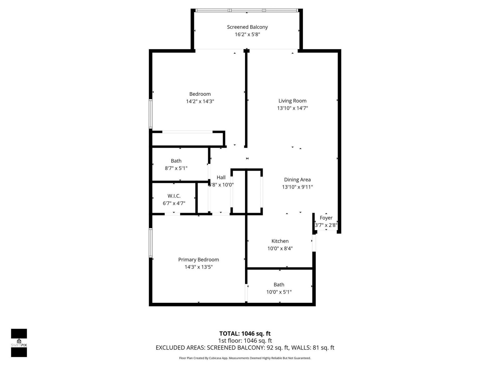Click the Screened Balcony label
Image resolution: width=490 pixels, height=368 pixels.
tap(247, 27)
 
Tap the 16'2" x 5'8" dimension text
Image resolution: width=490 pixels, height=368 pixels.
tap(247, 34)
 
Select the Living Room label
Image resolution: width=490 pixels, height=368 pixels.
tap(292, 101)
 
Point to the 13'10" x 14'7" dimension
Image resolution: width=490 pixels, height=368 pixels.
tap(292, 108)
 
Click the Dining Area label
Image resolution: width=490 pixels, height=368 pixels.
tap(297, 180)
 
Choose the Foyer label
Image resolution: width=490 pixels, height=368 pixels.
tap(326, 218)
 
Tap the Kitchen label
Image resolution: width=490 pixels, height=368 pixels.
tap(280, 241)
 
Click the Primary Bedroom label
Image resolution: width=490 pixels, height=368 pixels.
tap(198, 260)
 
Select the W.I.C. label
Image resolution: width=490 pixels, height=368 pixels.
tap(174, 196)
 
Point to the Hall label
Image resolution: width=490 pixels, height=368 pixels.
tap(221, 177)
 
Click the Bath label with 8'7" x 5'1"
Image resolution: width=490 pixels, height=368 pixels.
tap(176, 161)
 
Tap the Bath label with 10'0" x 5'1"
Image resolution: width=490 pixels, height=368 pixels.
tap(279, 285)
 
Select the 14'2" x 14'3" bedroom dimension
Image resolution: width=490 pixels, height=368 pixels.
tap(200, 101)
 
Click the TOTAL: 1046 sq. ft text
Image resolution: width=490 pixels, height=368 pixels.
tap(245, 333)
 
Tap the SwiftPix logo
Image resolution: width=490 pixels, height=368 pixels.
tap(19, 343)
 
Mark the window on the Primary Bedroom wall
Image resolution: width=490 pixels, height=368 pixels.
tap(151, 243)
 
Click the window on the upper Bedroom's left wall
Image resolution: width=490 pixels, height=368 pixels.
tap(151, 114)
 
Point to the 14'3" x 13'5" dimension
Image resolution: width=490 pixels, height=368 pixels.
tap(198, 267)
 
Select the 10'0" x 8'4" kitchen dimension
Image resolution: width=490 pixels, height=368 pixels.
tap(280, 248)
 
